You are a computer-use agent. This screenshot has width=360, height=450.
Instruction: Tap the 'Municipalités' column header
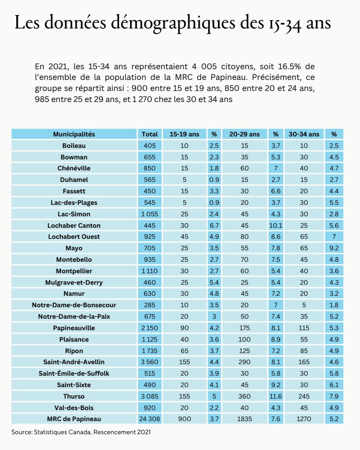(74, 134)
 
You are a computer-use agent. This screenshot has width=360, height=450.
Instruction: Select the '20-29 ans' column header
(244, 134)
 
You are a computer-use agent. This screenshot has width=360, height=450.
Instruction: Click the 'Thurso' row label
(74, 396)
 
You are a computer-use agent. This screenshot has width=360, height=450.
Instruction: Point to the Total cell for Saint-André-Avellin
(150, 362)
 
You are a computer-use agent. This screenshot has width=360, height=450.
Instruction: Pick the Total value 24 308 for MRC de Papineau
(150, 419)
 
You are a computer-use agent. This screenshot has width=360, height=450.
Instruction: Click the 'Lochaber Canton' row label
(74, 225)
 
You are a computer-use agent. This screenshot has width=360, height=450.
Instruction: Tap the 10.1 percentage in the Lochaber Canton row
(276, 225)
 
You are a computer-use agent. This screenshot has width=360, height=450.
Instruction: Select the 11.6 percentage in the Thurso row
(276, 396)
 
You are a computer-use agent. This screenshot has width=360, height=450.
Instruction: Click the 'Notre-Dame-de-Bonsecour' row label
(74, 305)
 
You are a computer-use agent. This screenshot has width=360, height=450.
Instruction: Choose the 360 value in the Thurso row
(244, 396)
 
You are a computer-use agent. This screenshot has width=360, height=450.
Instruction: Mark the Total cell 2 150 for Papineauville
(150, 328)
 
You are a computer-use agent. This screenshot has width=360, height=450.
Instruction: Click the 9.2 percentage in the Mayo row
(334, 248)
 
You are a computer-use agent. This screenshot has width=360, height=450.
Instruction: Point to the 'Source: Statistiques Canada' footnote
(81, 432)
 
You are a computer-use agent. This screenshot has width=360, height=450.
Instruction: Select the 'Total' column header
(150, 134)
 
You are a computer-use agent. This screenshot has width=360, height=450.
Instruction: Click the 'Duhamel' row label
(74, 180)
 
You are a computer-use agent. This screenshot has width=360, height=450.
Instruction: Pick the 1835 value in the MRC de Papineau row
(244, 419)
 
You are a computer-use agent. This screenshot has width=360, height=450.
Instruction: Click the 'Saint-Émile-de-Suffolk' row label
(74, 373)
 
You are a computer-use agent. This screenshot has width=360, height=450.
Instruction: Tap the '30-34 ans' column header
(304, 134)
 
